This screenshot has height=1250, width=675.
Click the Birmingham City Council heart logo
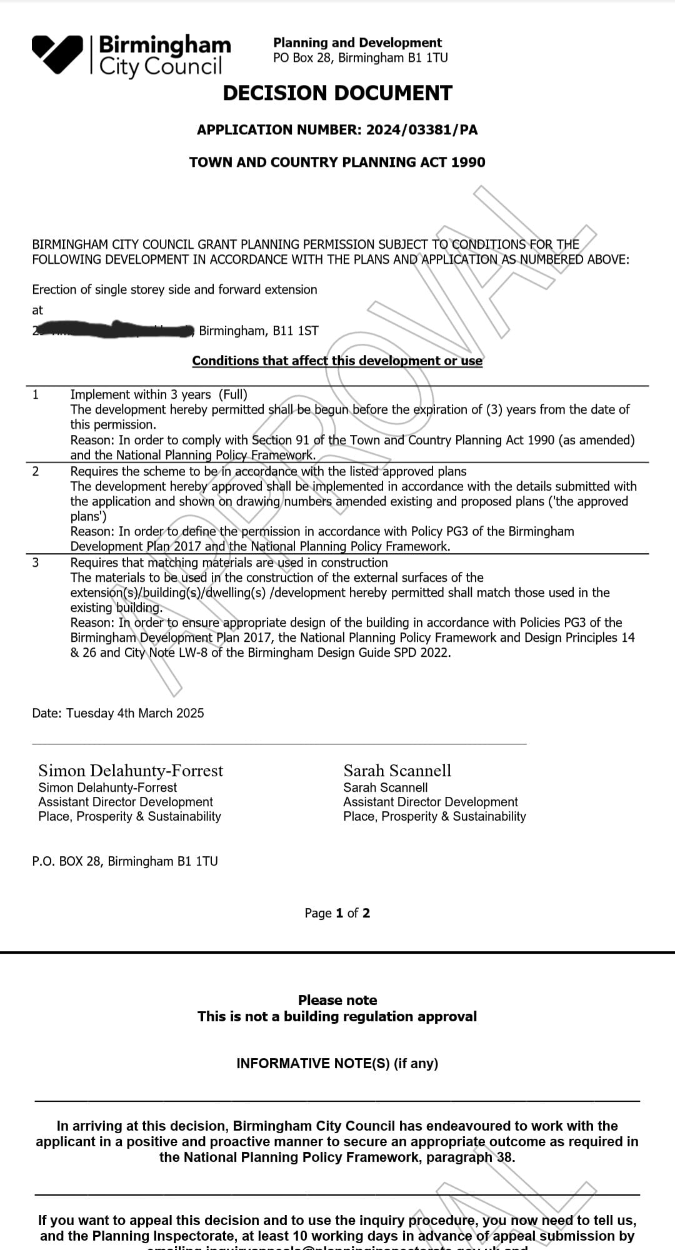[x=57, y=54]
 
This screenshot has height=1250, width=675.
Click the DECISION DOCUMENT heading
[x=337, y=93]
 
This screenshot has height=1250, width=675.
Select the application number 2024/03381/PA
[x=422, y=130]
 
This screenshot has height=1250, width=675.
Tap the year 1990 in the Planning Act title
[x=468, y=162]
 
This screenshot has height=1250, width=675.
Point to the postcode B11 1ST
[x=296, y=331]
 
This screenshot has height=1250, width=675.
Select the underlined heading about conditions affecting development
[x=337, y=361]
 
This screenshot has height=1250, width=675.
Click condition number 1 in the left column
[x=36, y=394]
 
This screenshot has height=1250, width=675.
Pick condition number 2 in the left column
[x=36, y=471]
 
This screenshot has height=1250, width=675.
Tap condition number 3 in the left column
[x=36, y=562]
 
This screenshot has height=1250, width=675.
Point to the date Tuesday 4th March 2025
[x=135, y=713]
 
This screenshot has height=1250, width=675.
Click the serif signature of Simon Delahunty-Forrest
[x=131, y=771]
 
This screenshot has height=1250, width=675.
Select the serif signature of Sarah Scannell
[x=397, y=771]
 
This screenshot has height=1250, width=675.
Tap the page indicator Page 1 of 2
[x=337, y=913]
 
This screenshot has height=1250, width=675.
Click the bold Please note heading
[x=337, y=1000]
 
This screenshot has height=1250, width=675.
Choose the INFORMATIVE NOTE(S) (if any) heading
[x=337, y=1063]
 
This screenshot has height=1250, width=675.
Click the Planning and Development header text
[x=357, y=42]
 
